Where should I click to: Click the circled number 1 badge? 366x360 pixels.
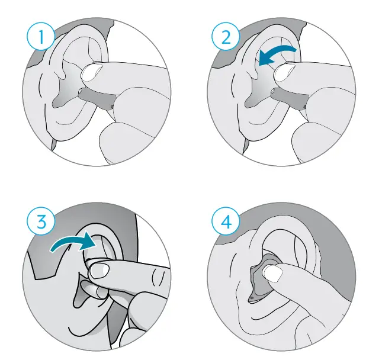click(x=41, y=38)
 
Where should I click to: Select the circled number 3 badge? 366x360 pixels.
click(x=41, y=223)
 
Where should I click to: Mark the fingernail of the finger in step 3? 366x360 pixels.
click(x=100, y=271)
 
